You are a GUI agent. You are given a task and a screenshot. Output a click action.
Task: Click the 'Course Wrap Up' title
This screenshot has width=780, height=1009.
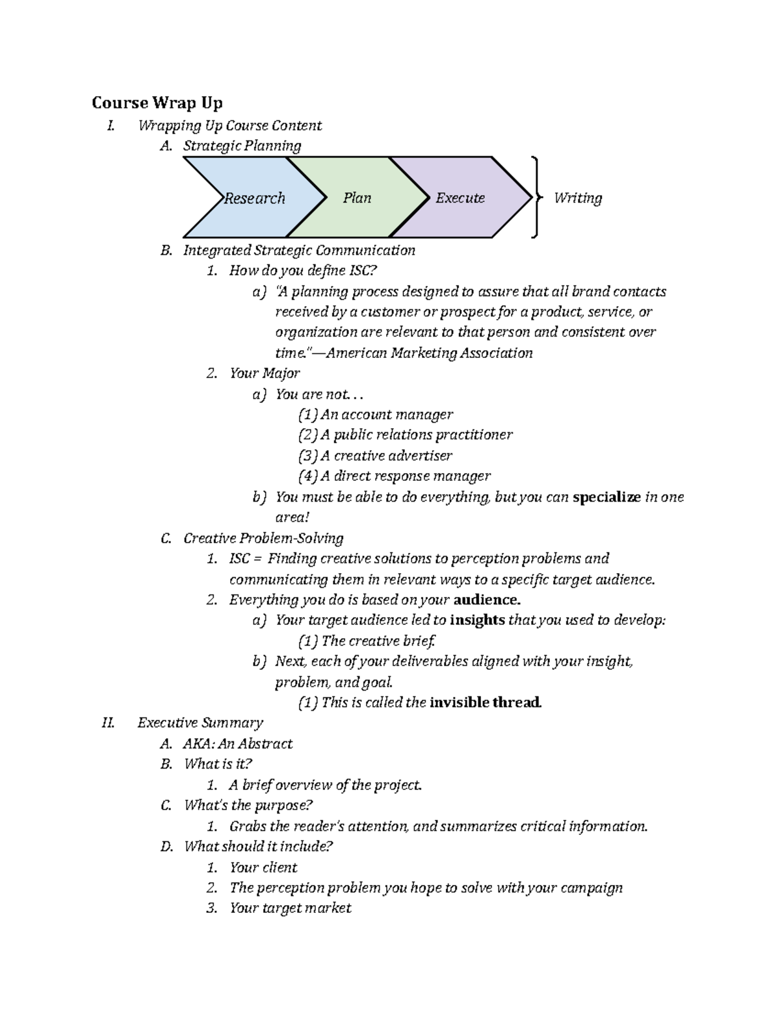point(157,103)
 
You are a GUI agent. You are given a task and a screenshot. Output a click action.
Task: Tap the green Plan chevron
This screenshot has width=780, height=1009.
point(357,198)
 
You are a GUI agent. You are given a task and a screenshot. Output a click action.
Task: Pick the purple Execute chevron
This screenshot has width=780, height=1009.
point(460,198)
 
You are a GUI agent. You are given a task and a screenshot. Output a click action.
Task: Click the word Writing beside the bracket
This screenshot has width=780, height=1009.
point(577,198)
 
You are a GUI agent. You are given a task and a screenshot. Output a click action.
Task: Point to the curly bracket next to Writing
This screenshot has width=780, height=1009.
point(535,198)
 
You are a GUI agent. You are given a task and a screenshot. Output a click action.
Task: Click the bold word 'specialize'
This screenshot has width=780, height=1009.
point(606,497)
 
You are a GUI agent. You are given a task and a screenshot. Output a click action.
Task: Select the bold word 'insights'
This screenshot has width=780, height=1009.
point(477,620)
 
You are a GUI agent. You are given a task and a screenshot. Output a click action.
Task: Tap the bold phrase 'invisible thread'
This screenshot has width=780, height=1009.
point(486,702)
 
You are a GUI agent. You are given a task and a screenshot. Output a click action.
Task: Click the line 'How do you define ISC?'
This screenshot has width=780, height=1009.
point(303,270)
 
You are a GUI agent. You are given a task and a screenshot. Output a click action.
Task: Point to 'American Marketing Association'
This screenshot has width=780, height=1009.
point(429,353)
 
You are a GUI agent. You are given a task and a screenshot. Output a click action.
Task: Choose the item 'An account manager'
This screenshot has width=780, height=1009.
point(375,415)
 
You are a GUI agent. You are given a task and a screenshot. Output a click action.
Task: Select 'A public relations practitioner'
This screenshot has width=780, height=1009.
point(405,435)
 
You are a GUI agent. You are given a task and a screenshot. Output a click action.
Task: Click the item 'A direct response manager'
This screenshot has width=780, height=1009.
point(394,476)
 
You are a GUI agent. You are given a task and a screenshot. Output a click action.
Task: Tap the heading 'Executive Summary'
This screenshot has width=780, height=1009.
point(200,722)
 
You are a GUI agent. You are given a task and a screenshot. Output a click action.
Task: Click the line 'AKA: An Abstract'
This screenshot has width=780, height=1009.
point(238,743)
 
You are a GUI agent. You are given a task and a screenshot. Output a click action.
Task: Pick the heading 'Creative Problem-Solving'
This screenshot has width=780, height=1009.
point(263,538)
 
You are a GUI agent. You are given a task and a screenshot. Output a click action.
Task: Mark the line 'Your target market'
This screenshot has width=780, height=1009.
point(290,908)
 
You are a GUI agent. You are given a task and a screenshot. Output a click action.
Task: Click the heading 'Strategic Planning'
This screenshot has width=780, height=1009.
point(242,146)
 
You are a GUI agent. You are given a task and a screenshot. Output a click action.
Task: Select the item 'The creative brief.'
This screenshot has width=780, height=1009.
point(367,641)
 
